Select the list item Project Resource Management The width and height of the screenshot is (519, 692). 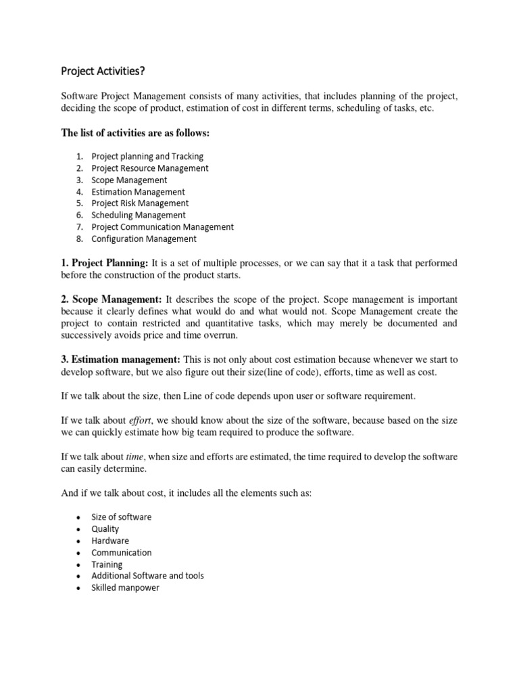[x=150, y=168]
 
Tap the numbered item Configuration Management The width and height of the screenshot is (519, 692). [x=144, y=239]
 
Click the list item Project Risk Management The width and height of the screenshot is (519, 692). [x=140, y=203]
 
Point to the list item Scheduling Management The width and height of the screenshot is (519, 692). [x=139, y=215]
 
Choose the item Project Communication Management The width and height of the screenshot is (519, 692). [x=162, y=227]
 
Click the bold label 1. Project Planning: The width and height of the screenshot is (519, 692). [x=105, y=262]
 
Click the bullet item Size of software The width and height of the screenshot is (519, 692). [x=122, y=517]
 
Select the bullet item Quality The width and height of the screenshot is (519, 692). [x=105, y=529]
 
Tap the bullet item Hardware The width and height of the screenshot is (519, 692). [x=110, y=541]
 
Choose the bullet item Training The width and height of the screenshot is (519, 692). [x=107, y=564]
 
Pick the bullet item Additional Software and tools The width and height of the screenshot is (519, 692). [x=147, y=576]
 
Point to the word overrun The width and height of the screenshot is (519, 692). [x=227, y=335]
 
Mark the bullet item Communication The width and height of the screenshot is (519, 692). [x=122, y=553]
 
